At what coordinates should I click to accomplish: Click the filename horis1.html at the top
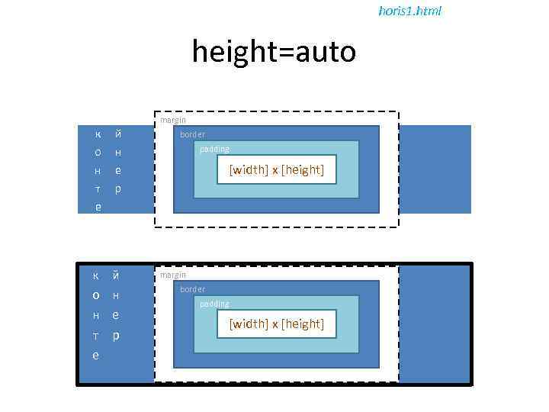pyautogui.click(x=409, y=11)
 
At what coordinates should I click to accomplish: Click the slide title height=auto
pyautogui.click(x=274, y=52)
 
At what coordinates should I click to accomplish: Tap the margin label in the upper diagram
pyautogui.click(x=172, y=120)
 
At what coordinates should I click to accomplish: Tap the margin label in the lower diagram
pyautogui.click(x=172, y=275)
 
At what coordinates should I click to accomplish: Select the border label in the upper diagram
pyautogui.click(x=192, y=134)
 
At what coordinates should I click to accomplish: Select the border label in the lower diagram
pyautogui.click(x=192, y=289)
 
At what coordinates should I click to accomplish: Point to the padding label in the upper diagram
pyautogui.click(x=213, y=149)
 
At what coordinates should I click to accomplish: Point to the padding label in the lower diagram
pyautogui.click(x=213, y=304)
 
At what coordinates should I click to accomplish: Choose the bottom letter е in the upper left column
pyautogui.click(x=96, y=207)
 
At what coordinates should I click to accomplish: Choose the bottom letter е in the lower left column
pyautogui.click(x=95, y=356)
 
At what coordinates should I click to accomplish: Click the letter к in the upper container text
pyautogui.click(x=96, y=134)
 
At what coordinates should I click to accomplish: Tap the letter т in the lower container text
pyautogui.click(x=96, y=336)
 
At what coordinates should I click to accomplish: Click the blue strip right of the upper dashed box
pyautogui.click(x=434, y=169)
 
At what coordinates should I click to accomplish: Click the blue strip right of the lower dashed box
pyautogui.click(x=434, y=324)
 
